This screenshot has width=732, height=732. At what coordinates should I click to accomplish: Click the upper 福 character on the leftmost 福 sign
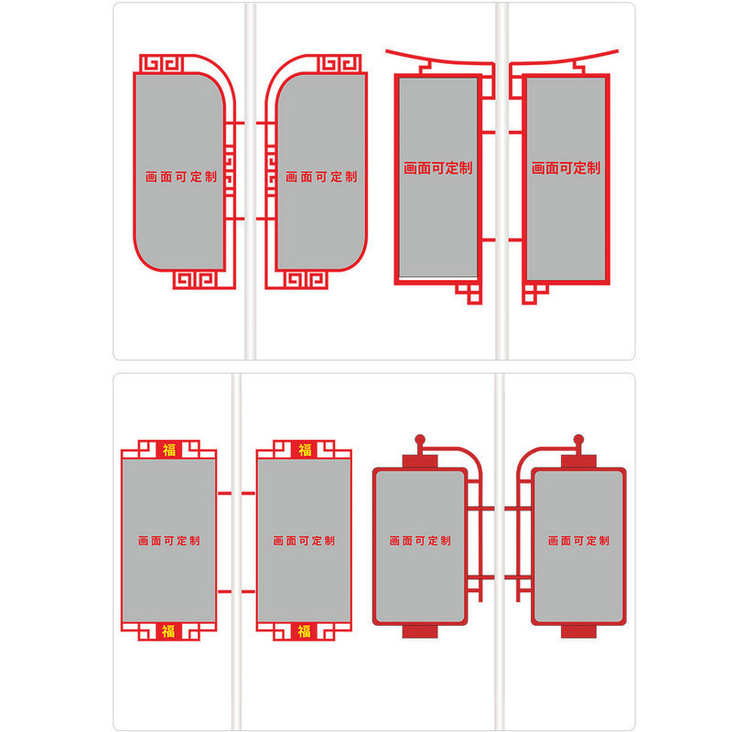pos(168,449)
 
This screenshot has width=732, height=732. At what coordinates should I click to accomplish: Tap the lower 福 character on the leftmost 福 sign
pos(168,631)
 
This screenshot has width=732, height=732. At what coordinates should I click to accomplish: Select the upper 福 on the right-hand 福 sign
pos(304,449)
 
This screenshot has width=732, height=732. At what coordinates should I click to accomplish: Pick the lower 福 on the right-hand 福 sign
pos(304,631)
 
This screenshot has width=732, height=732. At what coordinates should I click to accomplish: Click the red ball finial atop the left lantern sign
pos(420,440)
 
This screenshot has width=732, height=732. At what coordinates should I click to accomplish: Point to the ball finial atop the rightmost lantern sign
pos(578,440)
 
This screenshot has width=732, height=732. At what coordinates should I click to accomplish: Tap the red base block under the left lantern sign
pos(420,630)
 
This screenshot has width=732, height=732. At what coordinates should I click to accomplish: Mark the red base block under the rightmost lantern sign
pos(578,630)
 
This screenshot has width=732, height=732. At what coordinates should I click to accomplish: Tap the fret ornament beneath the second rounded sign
pos(302,280)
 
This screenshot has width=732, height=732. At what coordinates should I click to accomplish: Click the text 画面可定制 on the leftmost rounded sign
pos(180,177)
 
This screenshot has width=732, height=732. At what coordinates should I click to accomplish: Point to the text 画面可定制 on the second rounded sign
pos(320,177)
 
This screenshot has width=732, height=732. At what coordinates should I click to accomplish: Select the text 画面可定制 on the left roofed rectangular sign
pos(437,168)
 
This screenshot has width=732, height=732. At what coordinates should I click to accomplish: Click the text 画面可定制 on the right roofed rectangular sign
pos(566,168)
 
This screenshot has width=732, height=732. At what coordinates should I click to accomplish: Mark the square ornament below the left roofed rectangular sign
pos(469,293)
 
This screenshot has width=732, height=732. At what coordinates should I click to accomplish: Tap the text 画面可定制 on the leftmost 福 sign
pos(168,541)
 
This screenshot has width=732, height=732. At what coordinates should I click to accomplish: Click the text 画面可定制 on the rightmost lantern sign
pos(578,541)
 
